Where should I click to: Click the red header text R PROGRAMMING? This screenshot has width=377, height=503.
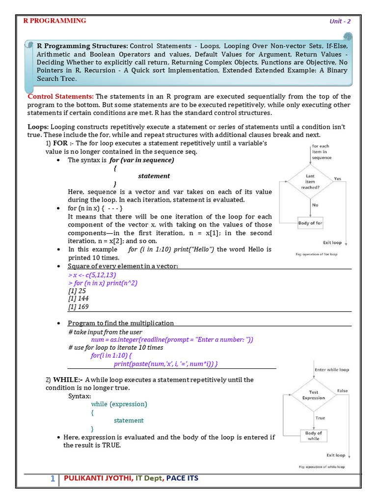coord(55,21)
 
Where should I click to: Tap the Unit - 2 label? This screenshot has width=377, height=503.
coord(340,21)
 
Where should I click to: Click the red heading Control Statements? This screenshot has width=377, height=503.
coord(60,96)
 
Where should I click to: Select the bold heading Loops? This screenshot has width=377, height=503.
coord(38,127)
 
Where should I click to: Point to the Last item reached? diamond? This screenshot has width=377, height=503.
coord(310,181)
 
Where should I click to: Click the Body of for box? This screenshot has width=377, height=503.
coord(310,224)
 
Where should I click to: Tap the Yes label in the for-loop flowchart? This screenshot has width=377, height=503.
coord(338,179)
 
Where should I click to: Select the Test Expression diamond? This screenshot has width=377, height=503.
coord(313,395)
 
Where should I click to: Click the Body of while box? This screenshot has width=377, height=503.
coord(313,436)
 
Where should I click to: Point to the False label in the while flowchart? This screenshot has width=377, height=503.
coord(342,391)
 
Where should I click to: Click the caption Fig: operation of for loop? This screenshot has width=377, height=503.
coord(316,254)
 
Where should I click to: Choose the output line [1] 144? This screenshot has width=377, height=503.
coord(79,299)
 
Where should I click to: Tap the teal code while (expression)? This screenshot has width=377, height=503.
coord(119,404)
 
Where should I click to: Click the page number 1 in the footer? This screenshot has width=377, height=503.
coord(53,478)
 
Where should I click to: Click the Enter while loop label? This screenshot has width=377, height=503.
coord(331,369)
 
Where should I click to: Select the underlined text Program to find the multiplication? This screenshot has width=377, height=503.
coord(121,323)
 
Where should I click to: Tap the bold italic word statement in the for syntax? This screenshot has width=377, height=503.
coord(154,176)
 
